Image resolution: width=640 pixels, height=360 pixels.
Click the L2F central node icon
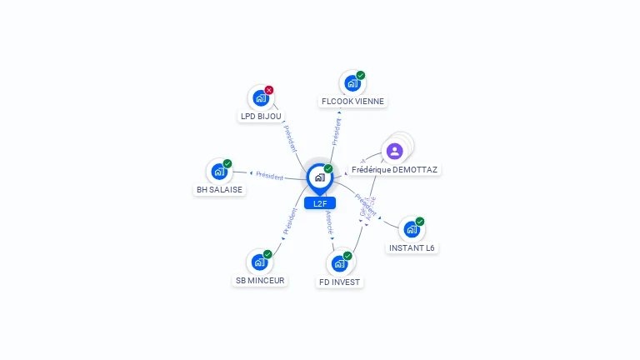319,177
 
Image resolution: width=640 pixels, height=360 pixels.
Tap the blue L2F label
320,203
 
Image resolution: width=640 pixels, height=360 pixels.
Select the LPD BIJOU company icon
261,97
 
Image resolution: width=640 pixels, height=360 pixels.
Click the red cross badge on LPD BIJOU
269,90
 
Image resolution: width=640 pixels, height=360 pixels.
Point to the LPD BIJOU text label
261,117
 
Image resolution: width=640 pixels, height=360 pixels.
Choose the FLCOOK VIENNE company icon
352,83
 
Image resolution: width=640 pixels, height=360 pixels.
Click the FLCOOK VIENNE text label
353,102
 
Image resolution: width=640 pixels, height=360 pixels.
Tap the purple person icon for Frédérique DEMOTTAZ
394,151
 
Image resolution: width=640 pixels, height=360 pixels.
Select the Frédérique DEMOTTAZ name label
394,169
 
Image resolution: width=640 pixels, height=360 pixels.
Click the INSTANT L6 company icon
412,229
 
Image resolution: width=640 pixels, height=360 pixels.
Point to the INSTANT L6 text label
412,247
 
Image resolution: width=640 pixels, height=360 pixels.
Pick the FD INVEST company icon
339,263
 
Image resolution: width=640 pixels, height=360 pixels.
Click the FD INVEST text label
339,282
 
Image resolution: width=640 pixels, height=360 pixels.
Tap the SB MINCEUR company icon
259,262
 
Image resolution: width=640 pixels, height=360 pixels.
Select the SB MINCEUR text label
260,281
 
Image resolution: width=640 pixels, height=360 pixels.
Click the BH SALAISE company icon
219,172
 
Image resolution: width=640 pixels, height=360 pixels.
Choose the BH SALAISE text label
219,190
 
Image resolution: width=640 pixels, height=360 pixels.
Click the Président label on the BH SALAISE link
269,176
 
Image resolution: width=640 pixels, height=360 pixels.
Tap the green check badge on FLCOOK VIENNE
361,75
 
